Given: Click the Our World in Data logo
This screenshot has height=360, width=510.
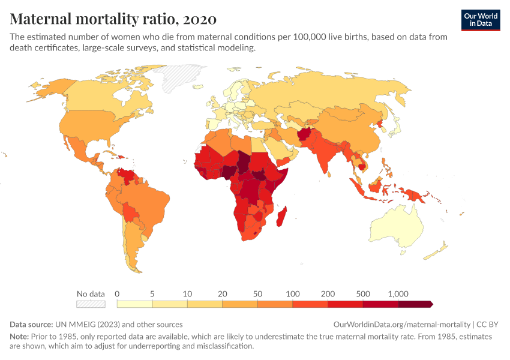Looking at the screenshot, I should click(480, 19).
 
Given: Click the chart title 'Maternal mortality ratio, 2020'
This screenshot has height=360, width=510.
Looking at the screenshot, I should click(113, 19).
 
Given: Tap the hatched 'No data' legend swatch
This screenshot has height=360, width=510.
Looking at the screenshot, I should click(91, 304).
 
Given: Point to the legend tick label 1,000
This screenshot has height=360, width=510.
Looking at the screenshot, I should click(398, 294).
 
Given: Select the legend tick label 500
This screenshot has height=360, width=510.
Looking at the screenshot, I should click(362, 294).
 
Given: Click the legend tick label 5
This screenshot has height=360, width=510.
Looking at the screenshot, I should click(152, 294).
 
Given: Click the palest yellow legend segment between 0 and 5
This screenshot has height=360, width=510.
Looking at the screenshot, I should click(134, 304).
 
